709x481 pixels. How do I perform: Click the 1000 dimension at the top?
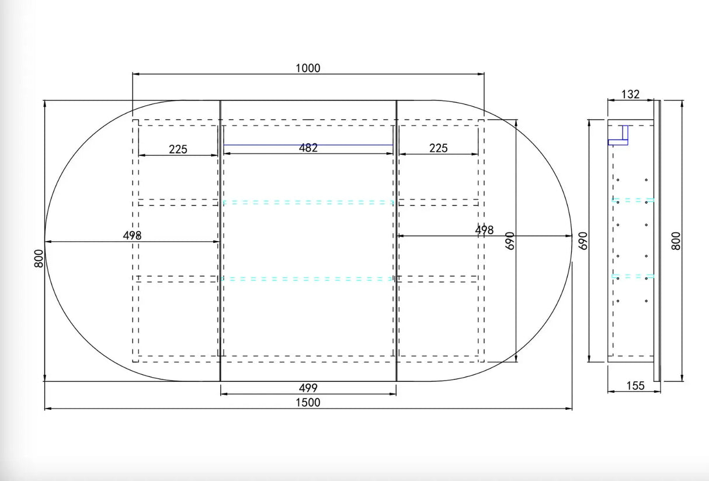(308, 68)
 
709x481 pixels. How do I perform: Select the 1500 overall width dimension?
(308, 403)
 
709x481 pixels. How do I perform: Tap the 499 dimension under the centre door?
(308, 388)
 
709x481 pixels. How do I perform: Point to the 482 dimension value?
(308, 148)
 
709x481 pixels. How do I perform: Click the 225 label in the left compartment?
(178, 149)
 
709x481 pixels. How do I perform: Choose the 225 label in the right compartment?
(439, 148)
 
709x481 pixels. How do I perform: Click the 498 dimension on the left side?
(132, 235)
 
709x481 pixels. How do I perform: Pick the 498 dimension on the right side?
(484, 230)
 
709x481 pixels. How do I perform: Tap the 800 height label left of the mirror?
(39, 259)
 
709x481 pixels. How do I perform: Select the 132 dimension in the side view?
(630, 95)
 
